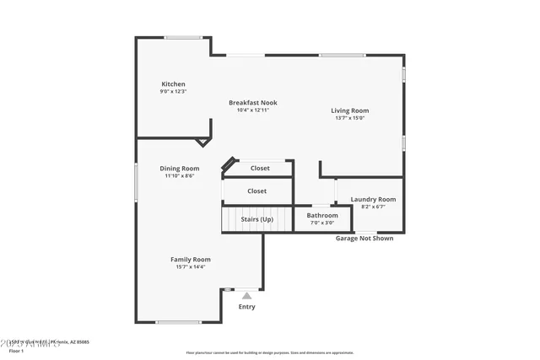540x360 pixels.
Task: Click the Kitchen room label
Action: tap(173, 84)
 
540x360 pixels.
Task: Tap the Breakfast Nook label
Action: tap(252, 103)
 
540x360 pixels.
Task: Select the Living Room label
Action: tap(348, 110)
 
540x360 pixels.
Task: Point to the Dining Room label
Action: tap(180, 169)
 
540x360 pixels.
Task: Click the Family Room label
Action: tap(191, 260)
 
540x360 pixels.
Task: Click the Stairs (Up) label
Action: tap(256, 219)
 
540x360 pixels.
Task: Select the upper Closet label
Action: tap(260, 169)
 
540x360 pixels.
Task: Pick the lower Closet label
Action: tap(256, 191)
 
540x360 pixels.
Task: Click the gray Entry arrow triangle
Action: tap(246, 296)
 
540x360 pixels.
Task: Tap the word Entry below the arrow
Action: tap(246, 307)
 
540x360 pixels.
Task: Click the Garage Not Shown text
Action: tap(364, 239)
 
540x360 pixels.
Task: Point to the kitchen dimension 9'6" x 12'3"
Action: tap(173, 92)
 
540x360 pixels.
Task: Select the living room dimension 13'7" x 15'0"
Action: tap(348, 118)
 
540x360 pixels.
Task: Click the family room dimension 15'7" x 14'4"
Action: tap(191, 267)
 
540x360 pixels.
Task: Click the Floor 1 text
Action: tap(16, 351)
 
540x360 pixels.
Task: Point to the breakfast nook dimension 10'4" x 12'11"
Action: tap(252, 110)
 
